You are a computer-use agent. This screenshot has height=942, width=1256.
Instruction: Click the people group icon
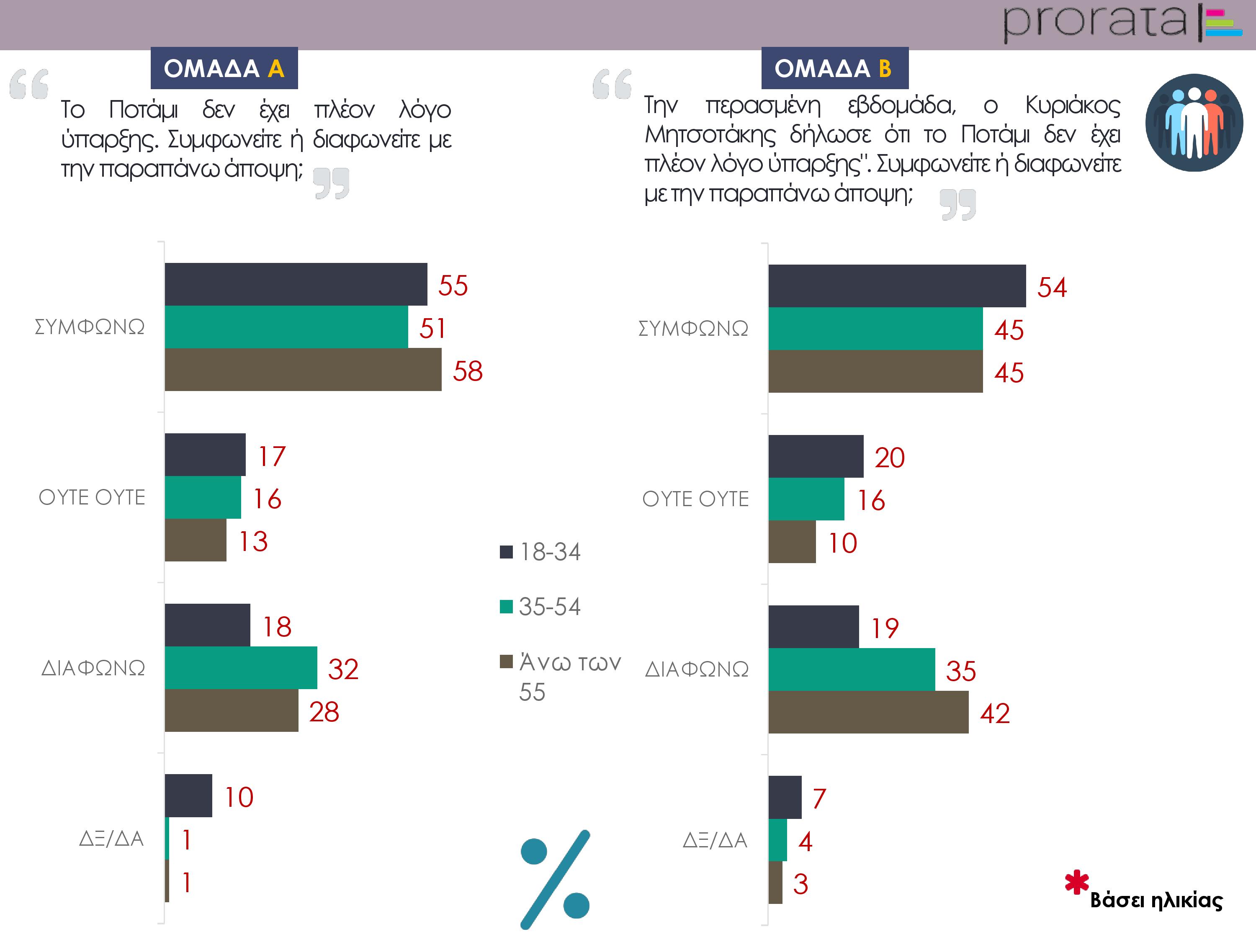pyautogui.click(x=1194, y=123)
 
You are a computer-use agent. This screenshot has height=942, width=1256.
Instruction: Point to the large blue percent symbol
pyautogui.click(x=555, y=879)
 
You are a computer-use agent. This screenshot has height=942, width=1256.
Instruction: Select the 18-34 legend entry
pyautogui.click(x=540, y=552)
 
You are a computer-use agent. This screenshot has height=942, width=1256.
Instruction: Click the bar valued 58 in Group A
pyautogui.click(x=303, y=370)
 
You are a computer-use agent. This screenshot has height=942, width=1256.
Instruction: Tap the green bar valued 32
pyautogui.click(x=241, y=668)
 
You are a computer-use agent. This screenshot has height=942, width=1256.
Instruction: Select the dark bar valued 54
pyautogui.click(x=897, y=286)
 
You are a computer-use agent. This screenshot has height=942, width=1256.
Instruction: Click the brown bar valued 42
pyautogui.click(x=868, y=712)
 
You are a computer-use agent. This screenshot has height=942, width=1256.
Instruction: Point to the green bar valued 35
pyautogui.click(x=852, y=669)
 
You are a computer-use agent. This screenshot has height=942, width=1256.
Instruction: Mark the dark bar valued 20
pyautogui.click(x=816, y=456)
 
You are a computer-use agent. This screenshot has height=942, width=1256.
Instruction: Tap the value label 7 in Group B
pyautogui.click(x=819, y=798)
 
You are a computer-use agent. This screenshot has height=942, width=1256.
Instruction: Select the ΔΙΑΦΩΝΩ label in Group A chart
pyautogui.click(x=93, y=668)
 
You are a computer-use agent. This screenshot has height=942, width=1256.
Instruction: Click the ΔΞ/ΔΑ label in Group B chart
pyautogui.click(x=715, y=840)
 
